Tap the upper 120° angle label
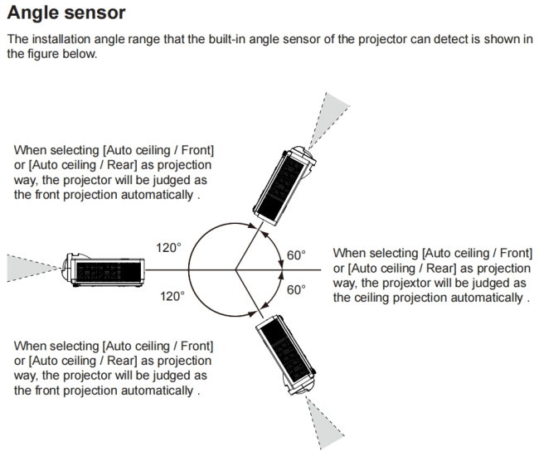[168, 248]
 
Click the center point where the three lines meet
[236, 269]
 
